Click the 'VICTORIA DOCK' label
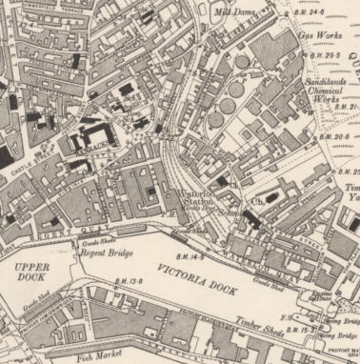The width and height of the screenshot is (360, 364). [194, 277]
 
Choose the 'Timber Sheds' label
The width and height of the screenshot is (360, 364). [268, 320]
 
